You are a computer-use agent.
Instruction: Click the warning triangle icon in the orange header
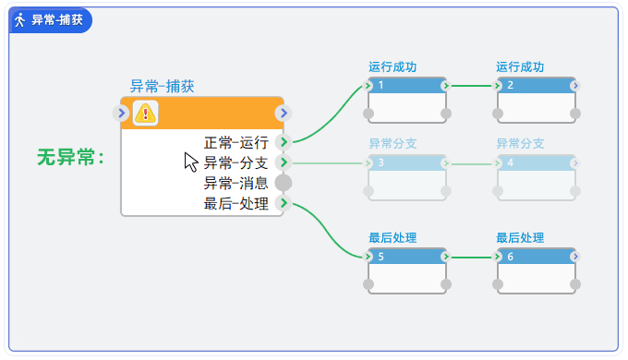click(146, 113)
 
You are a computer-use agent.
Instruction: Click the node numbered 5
click(407, 270)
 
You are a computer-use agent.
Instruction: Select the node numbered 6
click(536, 270)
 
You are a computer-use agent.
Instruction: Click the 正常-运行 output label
click(235, 142)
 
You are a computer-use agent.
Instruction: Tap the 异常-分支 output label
click(235, 162)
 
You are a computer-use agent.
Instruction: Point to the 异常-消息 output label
click(235, 183)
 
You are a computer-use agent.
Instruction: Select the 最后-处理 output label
click(235, 203)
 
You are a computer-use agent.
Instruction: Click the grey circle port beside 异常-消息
click(284, 183)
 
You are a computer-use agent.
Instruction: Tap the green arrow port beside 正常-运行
click(284, 142)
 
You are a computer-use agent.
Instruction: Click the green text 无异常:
click(70, 158)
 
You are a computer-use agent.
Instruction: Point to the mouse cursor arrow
click(190, 162)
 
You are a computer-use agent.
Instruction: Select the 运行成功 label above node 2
click(520, 67)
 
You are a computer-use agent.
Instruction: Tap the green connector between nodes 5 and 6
click(472, 257)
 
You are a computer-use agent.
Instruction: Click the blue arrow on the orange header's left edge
click(121, 113)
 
